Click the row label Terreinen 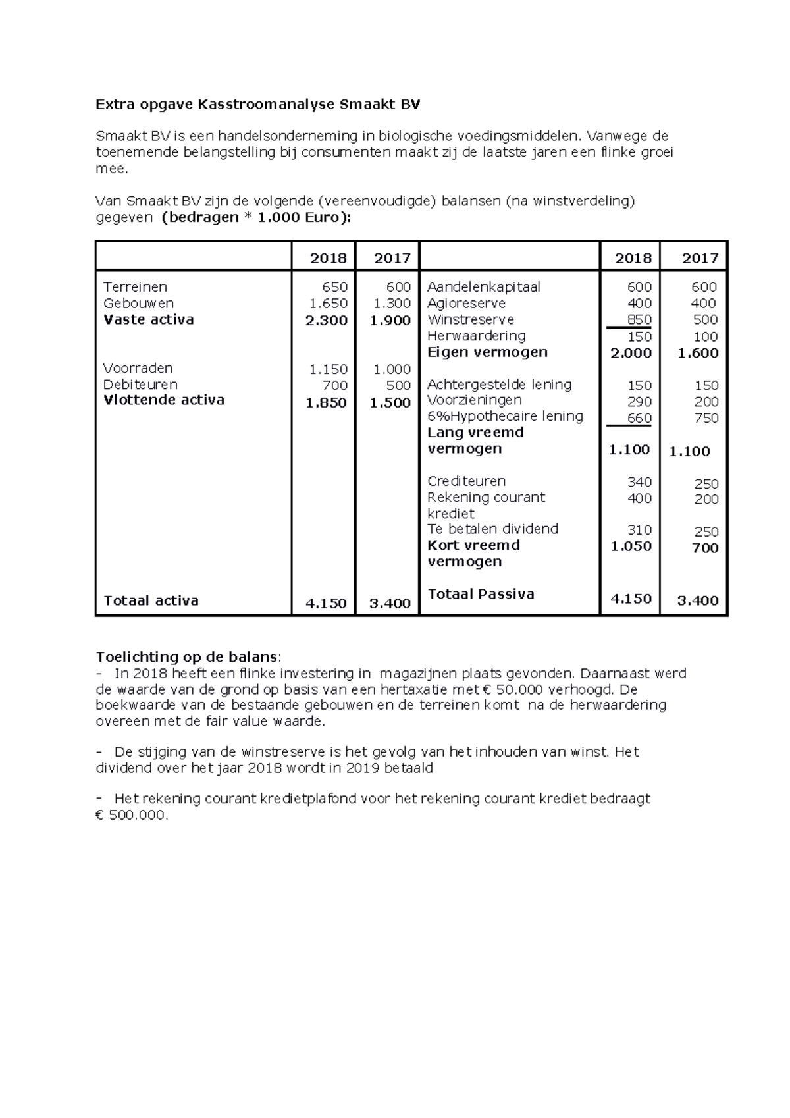(x=135, y=287)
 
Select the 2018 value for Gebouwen (x=329, y=304)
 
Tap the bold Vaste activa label (x=149, y=320)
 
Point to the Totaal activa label (x=151, y=600)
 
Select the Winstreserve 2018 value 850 (x=639, y=320)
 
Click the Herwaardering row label (x=476, y=336)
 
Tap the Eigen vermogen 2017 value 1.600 (x=698, y=353)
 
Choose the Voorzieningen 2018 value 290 (x=639, y=402)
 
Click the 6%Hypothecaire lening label (x=505, y=416)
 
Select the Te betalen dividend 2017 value (x=706, y=531)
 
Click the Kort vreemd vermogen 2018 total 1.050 (x=631, y=546)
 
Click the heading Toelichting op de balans (x=188, y=657)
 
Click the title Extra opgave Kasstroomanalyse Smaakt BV (x=257, y=104)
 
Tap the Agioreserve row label (x=466, y=304)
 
